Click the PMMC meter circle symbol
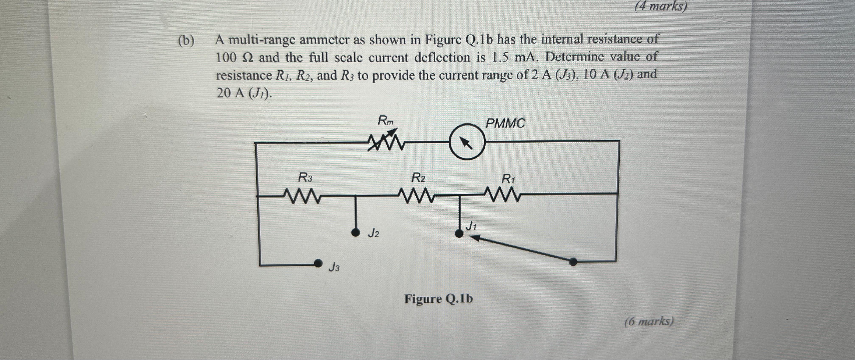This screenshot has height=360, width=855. point(467,142)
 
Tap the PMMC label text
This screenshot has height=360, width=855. point(505,124)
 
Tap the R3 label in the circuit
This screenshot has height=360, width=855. point(73,178)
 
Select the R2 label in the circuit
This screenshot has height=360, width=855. point(418,178)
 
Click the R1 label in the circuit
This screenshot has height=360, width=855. point(508,179)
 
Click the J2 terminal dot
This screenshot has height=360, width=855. point(355,233)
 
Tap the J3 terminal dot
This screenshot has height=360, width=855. point(318,263)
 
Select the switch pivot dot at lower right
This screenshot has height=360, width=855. point(573,262)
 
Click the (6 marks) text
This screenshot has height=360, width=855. point(649,321)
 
